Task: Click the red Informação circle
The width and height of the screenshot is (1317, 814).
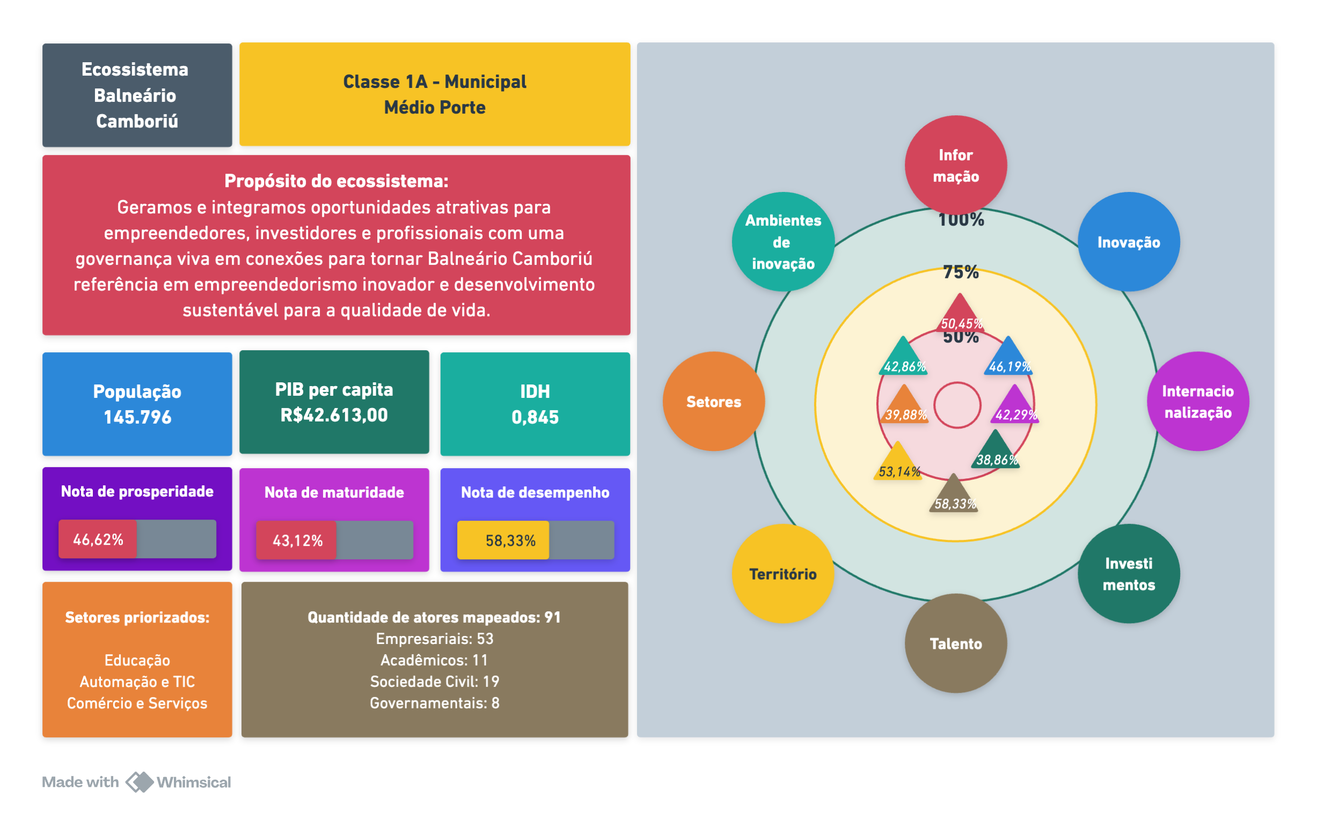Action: coord(956,165)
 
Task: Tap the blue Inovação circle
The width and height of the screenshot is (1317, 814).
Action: coord(1129,242)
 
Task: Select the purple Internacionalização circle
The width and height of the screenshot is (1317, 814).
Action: coord(1197,402)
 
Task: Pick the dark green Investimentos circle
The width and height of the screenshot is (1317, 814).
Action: coord(1129,574)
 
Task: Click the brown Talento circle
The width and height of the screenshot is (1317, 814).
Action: coord(956,643)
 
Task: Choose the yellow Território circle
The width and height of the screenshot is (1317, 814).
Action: coord(782,574)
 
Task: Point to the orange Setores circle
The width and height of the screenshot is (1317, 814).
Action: coord(714,402)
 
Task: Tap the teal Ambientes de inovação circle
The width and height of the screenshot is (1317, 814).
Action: coord(782,242)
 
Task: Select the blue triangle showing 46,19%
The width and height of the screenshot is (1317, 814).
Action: coord(1008,358)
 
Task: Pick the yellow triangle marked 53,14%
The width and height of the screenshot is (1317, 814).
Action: coord(898,463)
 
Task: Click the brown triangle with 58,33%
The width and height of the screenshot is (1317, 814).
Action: coord(954,495)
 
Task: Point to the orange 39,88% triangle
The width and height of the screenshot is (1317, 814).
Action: coord(905,406)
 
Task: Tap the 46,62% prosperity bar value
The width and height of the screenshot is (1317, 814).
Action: coord(98,539)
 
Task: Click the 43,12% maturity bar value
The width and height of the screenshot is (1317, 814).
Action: coord(297,541)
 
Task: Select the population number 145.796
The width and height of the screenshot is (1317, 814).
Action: coord(137,417)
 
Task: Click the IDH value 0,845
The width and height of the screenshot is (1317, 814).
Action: coord(535,417)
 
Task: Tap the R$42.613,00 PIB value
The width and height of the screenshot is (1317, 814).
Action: coord(334,415)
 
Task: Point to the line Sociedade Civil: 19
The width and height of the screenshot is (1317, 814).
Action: coord(434,682)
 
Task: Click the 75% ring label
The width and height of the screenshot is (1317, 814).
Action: coord(961,272)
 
